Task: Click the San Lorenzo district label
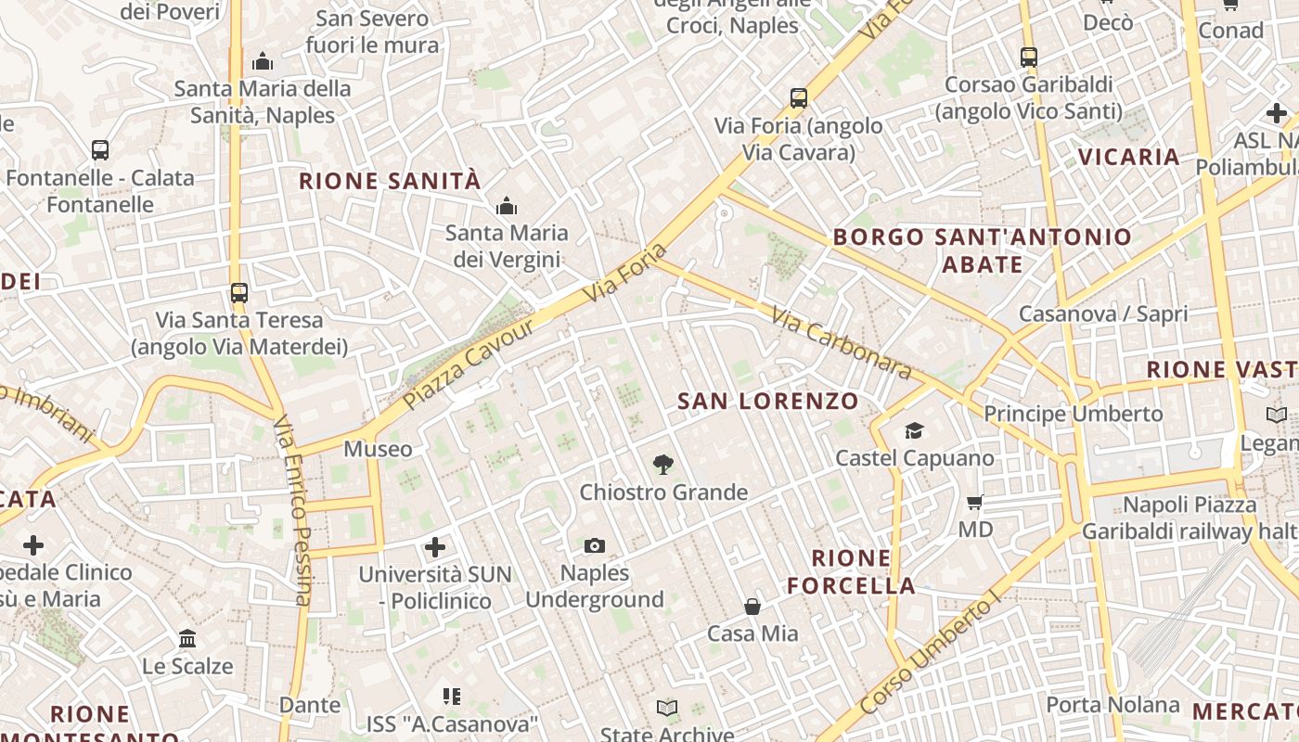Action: coord(767,402)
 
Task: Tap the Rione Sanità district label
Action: coord(390,181)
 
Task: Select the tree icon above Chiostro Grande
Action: coord(662,464)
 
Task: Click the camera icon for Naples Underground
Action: coord(595,545)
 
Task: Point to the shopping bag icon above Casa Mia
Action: coord(752,607)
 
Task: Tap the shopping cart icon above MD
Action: coord(975,502)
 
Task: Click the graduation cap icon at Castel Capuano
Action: coord(915,430)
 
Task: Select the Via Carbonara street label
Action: coord(841,344)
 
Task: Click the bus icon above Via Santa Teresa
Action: coord(239,293)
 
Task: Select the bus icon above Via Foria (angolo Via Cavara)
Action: coord(799,97)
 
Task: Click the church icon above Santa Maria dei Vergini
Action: coord(507,206)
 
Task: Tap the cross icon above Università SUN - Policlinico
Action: coord(434,547)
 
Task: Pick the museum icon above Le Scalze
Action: coord(187,639)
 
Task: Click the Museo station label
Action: coord(378,450)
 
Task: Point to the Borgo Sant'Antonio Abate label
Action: coord(982,250)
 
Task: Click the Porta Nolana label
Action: coord(1113,705)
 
